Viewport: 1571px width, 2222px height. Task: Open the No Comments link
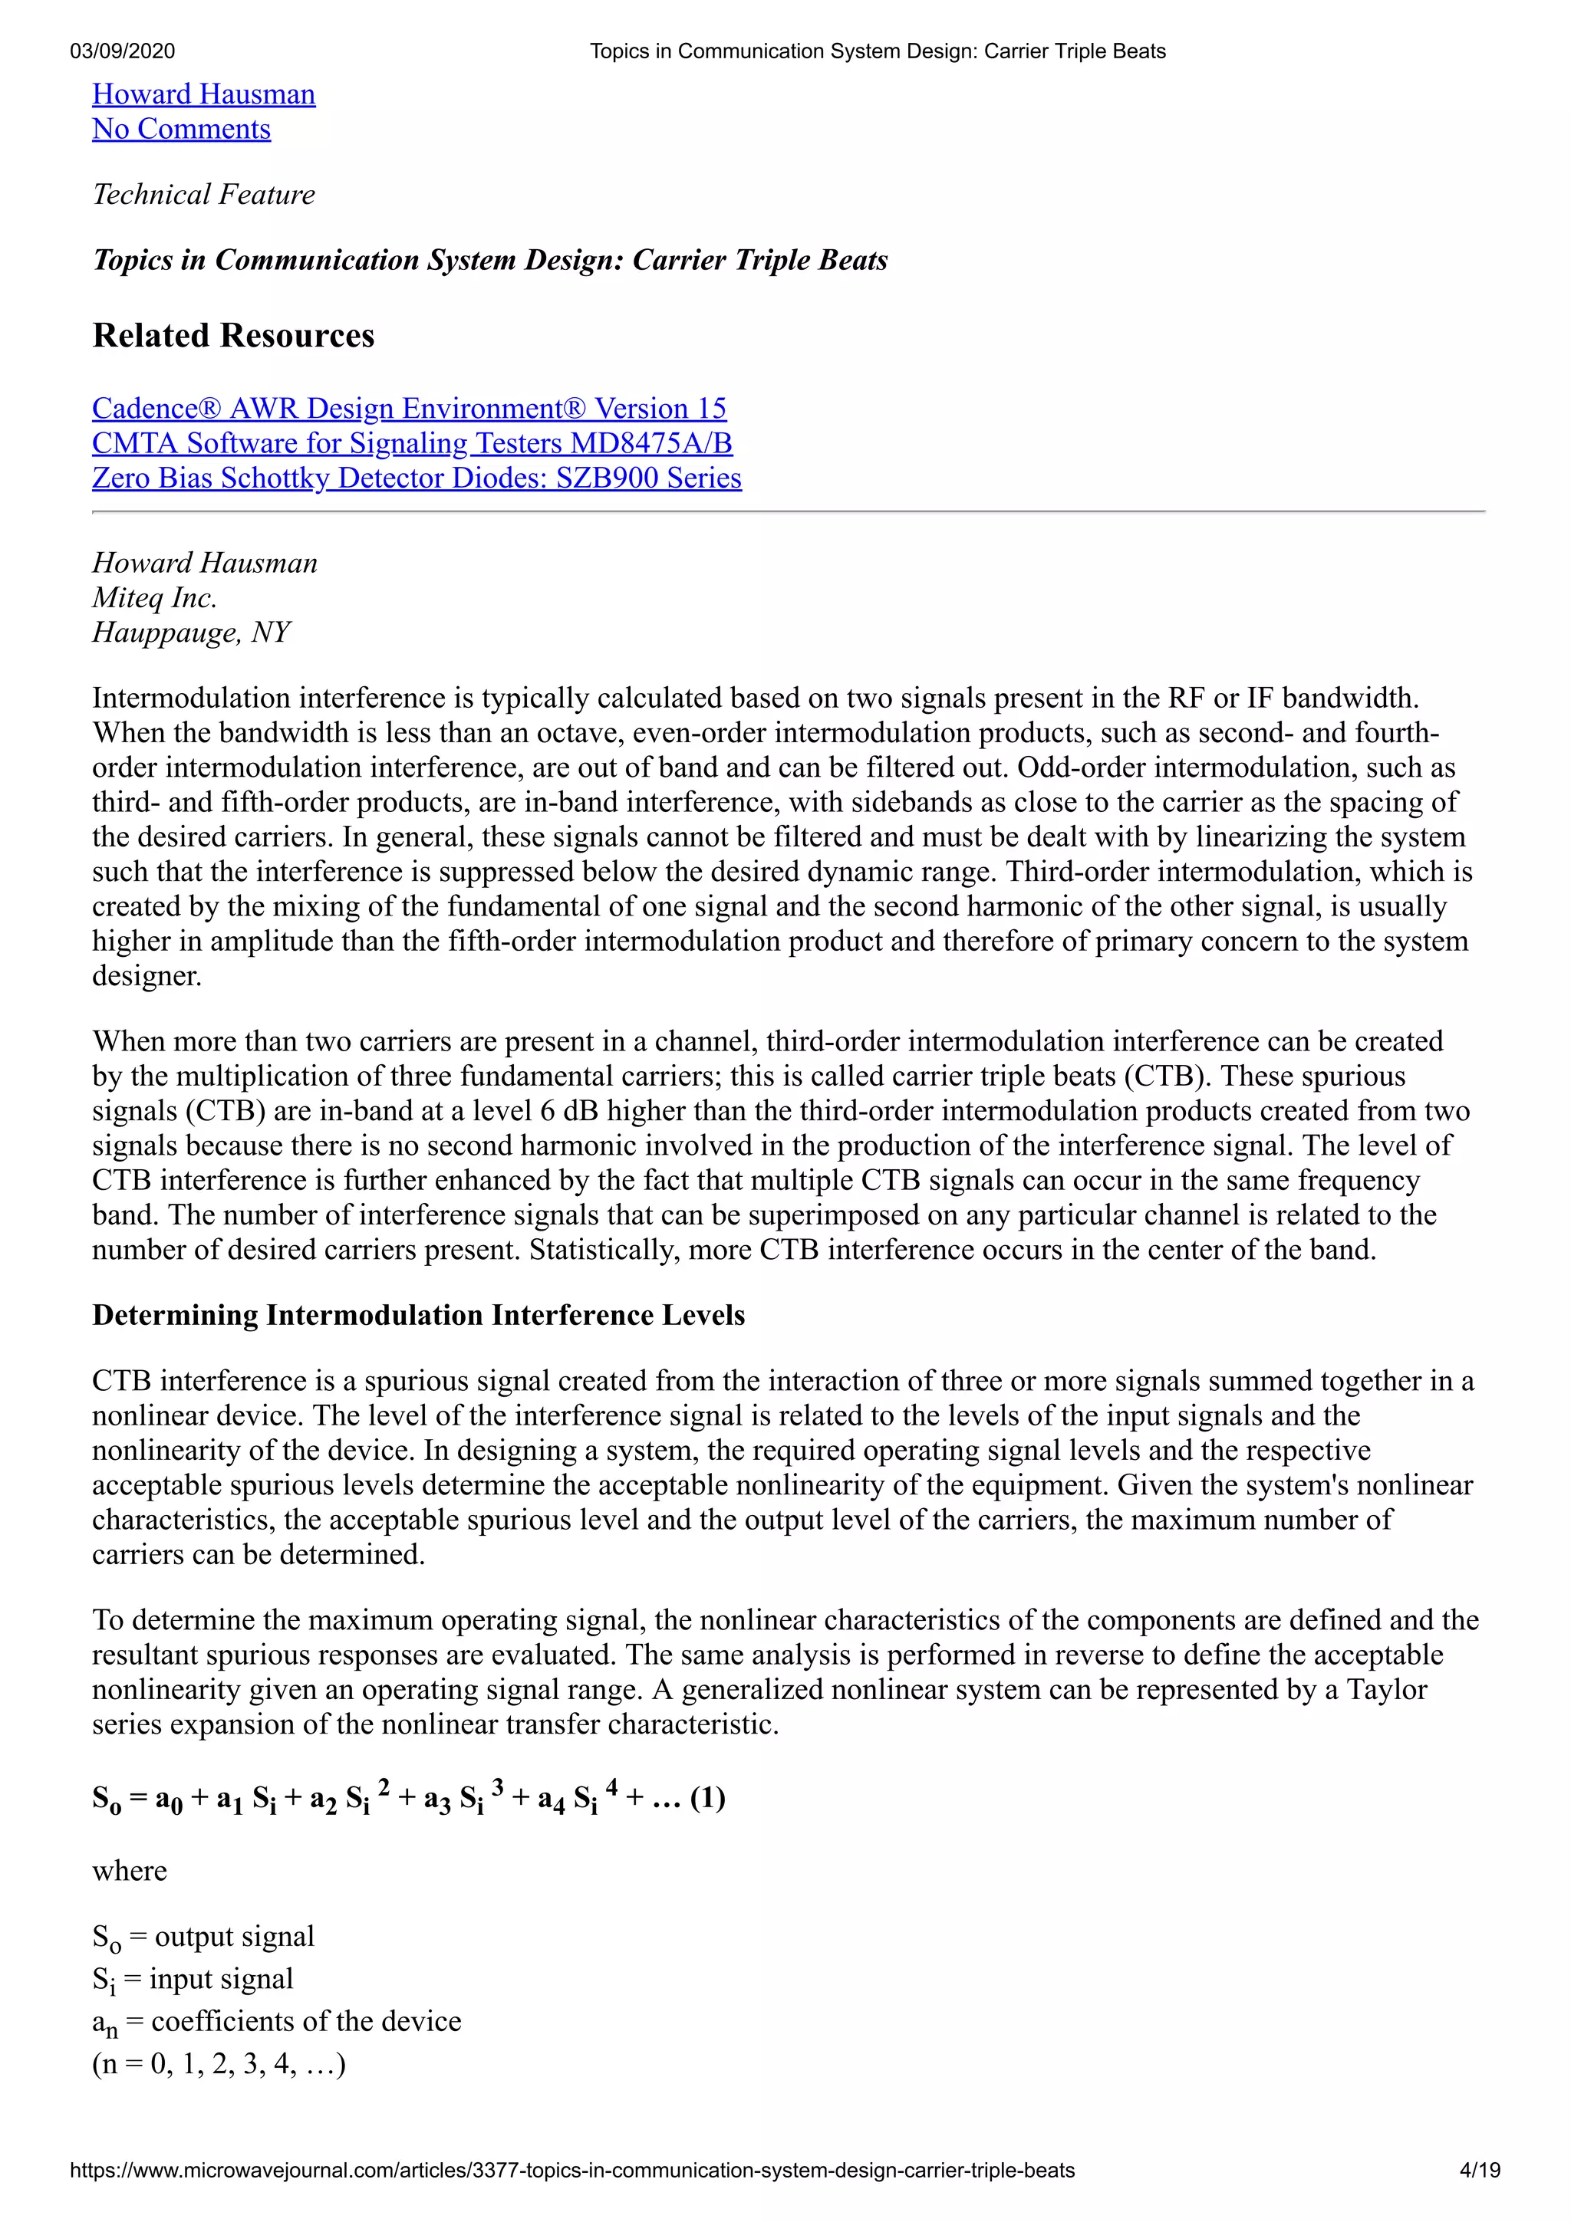click(181, 129)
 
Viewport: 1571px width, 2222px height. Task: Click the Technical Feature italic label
click(203, 195)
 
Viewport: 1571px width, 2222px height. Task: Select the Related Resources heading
click(233, 335)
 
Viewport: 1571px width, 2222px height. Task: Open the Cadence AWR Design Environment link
click(409, 409)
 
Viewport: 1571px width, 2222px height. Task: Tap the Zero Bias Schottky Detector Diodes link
click(417, 478)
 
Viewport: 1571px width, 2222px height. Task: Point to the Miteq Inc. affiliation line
click(154, 598)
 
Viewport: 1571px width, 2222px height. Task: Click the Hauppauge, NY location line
click(191, 633)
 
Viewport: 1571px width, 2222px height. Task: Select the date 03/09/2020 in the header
click(122, 51)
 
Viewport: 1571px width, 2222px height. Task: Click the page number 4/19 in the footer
click(1479, 2171)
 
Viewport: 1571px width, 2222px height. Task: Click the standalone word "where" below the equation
click(130, 1871)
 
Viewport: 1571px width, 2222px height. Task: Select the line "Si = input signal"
click(193, 1979)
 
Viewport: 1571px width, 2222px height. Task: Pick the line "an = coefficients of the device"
click(277, 2022)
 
